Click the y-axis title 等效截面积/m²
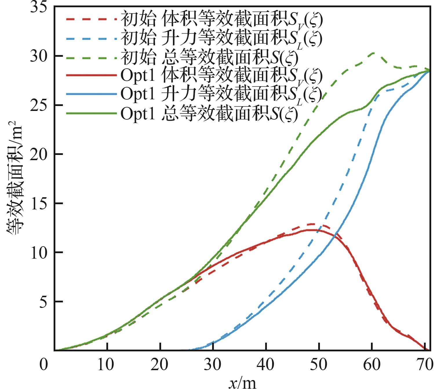14,180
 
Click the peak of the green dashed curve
373,53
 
